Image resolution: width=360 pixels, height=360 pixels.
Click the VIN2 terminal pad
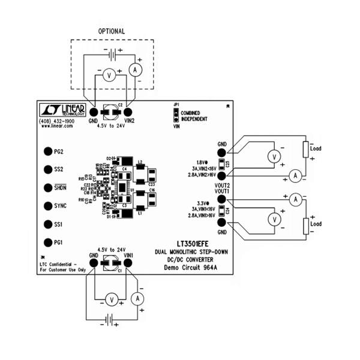(128, 111)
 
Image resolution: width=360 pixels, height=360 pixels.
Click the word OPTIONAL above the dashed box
(112, 31)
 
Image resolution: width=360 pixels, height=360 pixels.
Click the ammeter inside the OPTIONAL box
(136, 70)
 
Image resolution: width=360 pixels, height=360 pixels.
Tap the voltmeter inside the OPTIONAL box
(109, 74)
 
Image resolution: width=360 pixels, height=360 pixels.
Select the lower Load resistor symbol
(305, 226)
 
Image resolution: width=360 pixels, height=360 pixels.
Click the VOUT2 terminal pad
(221, 176)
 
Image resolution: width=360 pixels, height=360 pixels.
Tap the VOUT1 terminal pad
(221, 199)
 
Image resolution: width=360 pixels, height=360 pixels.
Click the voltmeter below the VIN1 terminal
(110, 299)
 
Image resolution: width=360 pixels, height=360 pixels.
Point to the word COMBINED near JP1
(190, 113)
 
